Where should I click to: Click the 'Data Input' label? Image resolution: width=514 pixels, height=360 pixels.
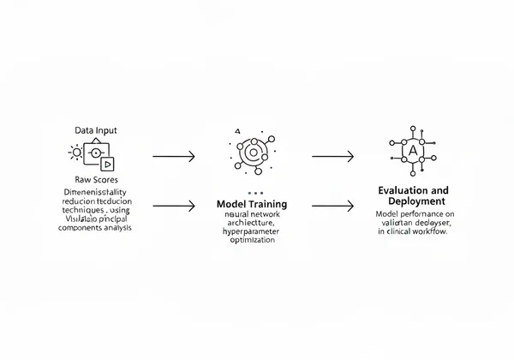pyautogui.click(x=95, y=131)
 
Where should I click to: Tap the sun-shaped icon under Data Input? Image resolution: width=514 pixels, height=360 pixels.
pyautogui.click(x=75, y=153)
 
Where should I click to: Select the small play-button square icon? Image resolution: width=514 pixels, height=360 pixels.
pyautogui.click(x=108, y=163)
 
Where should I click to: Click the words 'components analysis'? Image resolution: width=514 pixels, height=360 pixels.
pyautogui.click(x=95, y=229)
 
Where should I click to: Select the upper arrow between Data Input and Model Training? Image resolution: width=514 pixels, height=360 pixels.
pyautogui.click(x=173, y=157)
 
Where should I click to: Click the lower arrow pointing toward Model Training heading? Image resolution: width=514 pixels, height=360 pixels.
pyautogui.click(x=173, y=206)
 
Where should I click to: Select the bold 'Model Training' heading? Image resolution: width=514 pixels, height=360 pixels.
pyautogui.click(x=252, y=206)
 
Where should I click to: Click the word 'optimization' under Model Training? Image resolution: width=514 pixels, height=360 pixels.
pyautogui.click(x=252, y=240)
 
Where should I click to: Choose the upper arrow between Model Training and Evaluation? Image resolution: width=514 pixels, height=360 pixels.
pyautogui.click(x=332, y=157)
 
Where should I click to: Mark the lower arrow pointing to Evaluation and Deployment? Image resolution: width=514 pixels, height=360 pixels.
pyautogui.click(x=332, y=206)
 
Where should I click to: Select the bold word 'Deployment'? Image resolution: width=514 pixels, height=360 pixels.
pyautogui.click(x=415, y=200)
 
